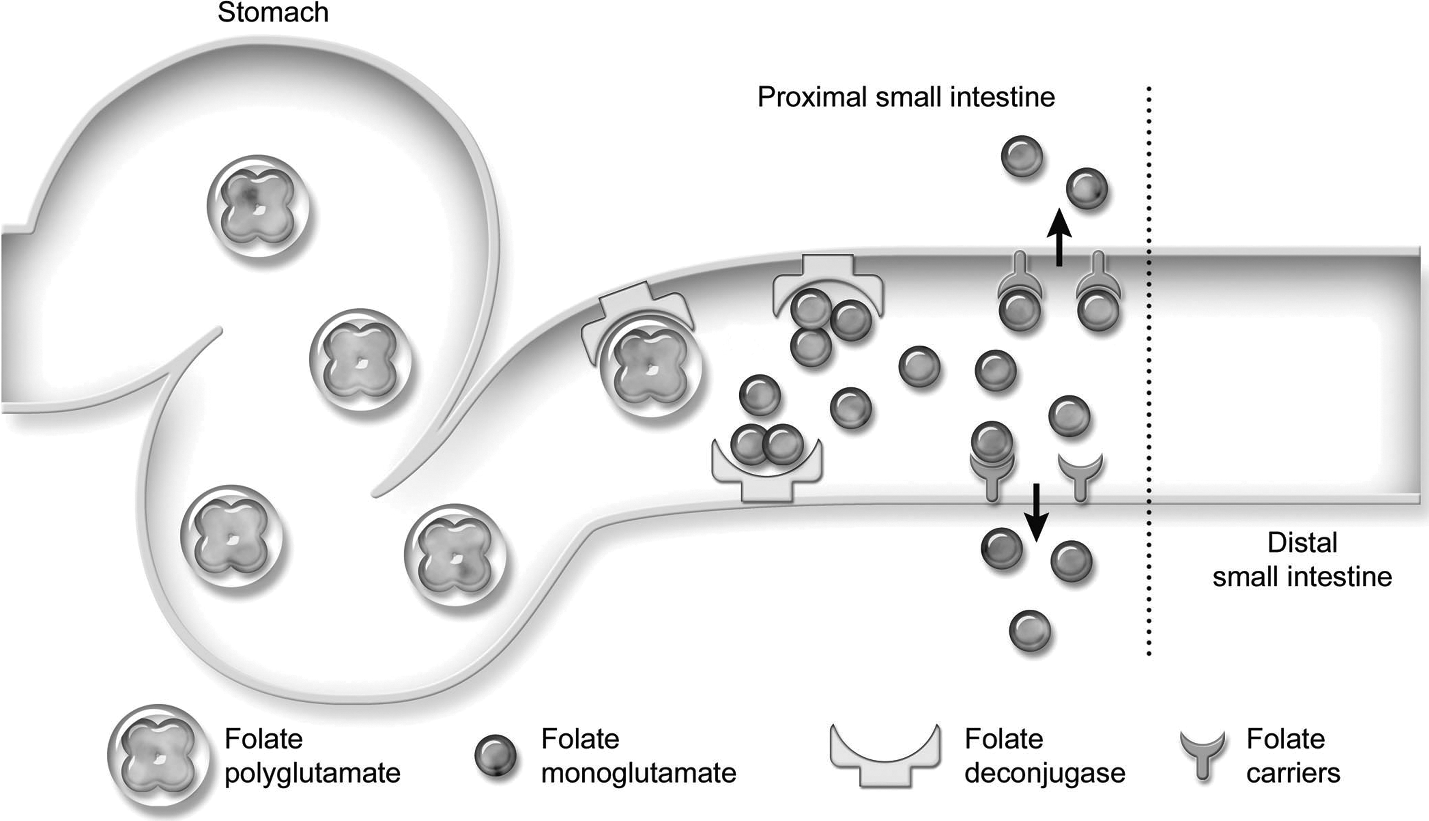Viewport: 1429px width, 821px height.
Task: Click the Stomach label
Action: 273,12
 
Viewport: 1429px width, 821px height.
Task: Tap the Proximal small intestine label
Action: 906,97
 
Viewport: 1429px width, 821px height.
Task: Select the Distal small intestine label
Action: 1302,560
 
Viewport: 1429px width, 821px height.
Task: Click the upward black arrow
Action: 1060,238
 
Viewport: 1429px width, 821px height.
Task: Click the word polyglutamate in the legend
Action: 312,773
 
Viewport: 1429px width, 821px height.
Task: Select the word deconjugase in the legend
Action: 1044,773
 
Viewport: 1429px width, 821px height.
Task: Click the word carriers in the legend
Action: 1293,773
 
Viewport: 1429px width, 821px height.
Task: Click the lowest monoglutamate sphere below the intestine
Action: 1030,631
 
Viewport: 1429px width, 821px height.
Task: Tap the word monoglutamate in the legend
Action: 639,773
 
